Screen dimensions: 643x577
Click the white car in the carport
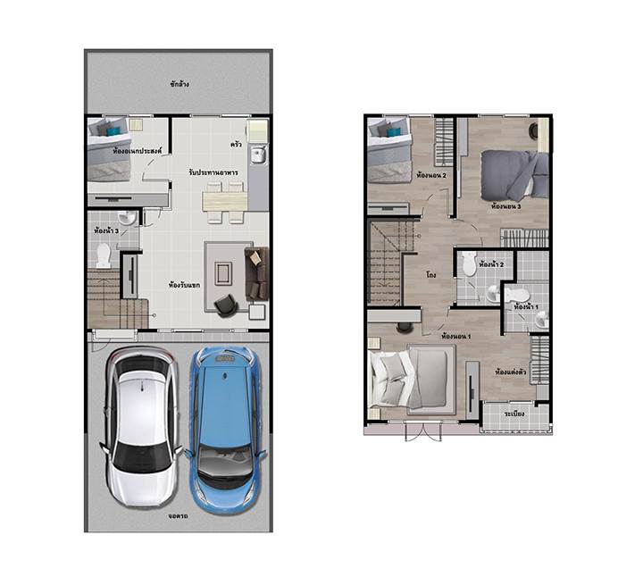pos(140,426)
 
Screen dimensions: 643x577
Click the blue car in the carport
pos(226,429)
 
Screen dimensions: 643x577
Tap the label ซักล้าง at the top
pos(180,84)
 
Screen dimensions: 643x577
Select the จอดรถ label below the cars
pos(178,516)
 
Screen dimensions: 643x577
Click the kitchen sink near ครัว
pos(258,156)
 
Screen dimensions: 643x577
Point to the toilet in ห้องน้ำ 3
pos(103,255)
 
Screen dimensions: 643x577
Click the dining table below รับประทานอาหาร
pos(225,201)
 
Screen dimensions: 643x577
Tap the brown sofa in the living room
pos(256,272)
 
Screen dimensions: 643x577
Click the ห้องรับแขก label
pos(185,285)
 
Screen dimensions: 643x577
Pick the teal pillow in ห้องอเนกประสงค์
pos(113,131)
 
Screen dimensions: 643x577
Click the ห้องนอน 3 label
pos(506,206)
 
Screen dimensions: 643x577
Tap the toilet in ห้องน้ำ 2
pos(468,263)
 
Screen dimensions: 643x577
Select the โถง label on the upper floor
pos(430,275)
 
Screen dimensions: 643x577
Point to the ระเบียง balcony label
pos(514,414)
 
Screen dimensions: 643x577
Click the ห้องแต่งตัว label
pos(511,372)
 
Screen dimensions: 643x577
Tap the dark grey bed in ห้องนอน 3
pos(514,176)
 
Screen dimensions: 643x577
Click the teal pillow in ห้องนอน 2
pos(394,131)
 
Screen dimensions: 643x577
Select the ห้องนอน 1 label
pos(456,336)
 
